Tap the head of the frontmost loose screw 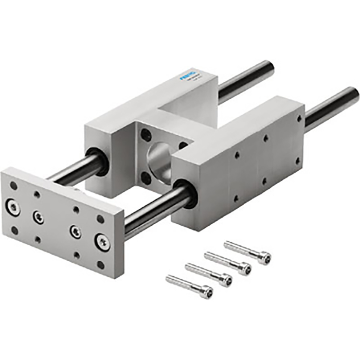pyautogui.click(x=206, y=293)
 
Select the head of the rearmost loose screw pyautogui.click(x=264, y=258)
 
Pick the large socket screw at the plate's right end pyautogui.click(x=103, y=241)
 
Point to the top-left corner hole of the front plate pyautogui.click(x=13, y=185)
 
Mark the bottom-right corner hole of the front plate pyautogui.click(x=101, y=265)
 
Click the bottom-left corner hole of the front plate pyautogui.click(x=14, y=230)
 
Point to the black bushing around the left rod pyautogui.click(x=97, y=160)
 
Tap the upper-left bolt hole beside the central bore pyautogui.click(x=147, y=135)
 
